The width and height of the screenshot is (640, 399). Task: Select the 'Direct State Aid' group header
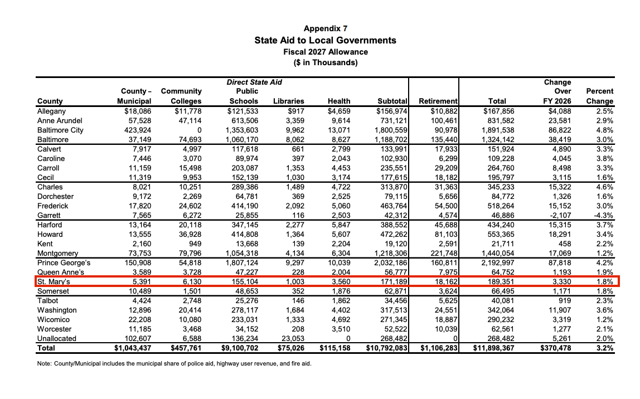254,82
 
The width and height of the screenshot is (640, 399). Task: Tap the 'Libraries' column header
288,101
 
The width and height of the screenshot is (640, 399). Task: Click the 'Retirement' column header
438,101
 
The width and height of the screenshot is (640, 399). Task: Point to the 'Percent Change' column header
599,96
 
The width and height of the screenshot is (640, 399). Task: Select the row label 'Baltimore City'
60,130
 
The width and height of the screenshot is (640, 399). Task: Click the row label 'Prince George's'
64,262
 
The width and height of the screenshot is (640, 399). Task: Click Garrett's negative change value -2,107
557,215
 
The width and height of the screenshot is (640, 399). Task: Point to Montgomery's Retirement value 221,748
442,253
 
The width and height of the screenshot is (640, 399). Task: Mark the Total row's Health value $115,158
335,348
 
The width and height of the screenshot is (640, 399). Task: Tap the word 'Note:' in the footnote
46,364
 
